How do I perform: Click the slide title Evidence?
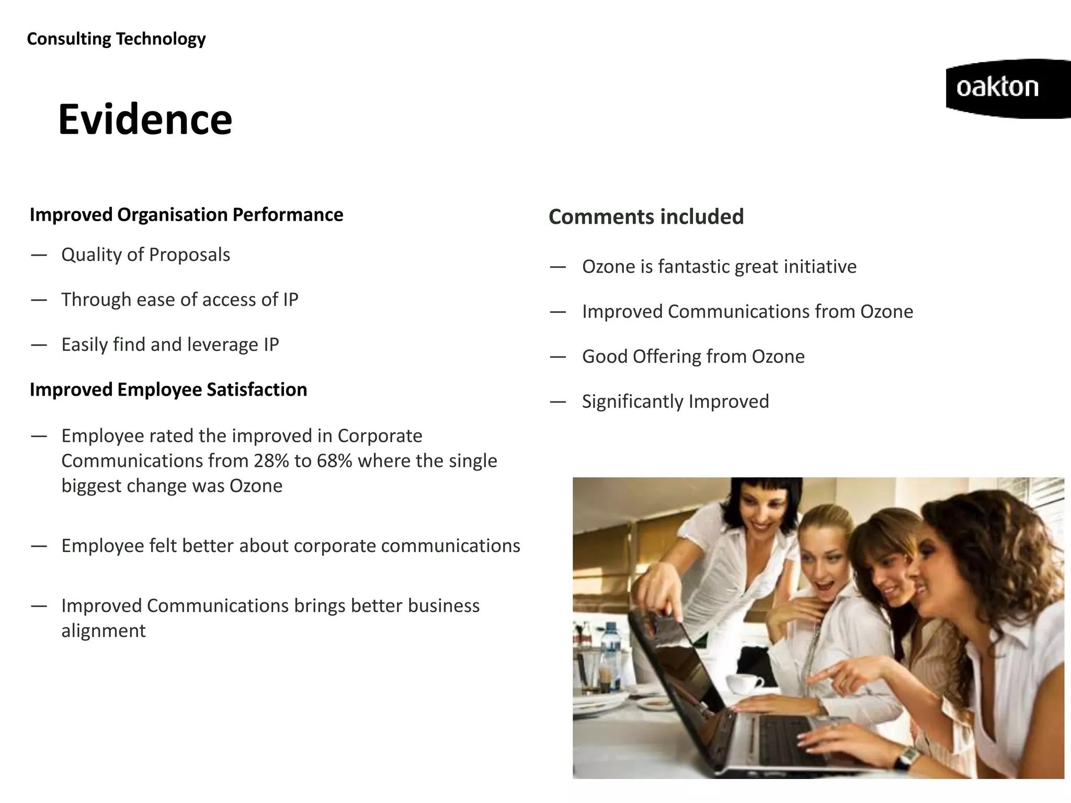[145, 120]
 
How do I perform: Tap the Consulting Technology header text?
[116, 39]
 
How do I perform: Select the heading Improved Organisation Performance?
[186, 215]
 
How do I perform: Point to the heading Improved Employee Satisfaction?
[168, 389]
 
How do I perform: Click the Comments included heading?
[646, 217]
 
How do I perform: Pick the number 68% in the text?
[334, 461]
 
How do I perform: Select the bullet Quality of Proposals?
[145, 255]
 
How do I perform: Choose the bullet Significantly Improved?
[675, 401]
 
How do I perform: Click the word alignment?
[104, 631]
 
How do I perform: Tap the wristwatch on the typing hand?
[909, 756]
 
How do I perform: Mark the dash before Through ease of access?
[39, 300]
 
